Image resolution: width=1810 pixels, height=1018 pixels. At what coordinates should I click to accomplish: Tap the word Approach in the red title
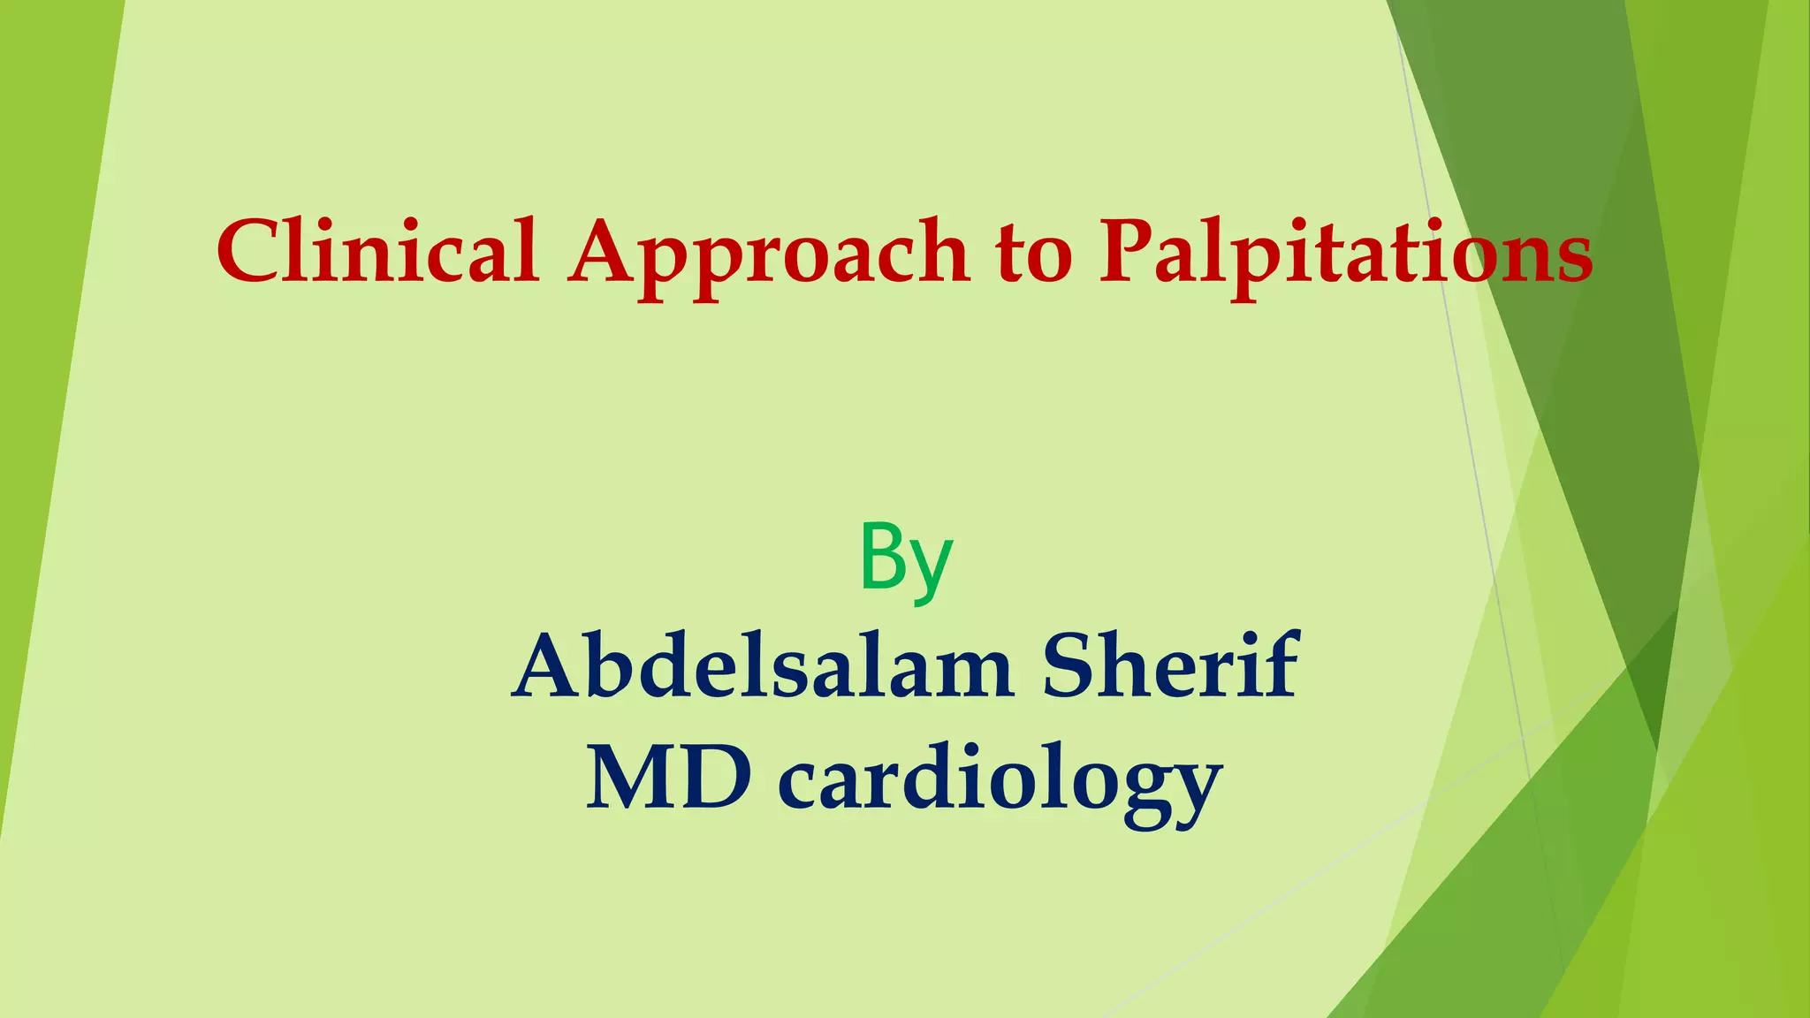(768, 256)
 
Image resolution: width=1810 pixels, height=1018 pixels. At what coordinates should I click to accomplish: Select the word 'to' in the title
(1033, 256)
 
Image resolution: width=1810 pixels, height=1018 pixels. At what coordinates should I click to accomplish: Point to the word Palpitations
(1345, 256)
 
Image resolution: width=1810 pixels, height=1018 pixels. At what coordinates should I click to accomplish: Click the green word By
(906, 560)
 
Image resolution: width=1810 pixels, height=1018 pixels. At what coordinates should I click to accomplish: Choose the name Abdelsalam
(762, 667)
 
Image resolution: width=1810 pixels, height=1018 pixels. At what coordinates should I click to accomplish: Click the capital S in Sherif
(1069, 666)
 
